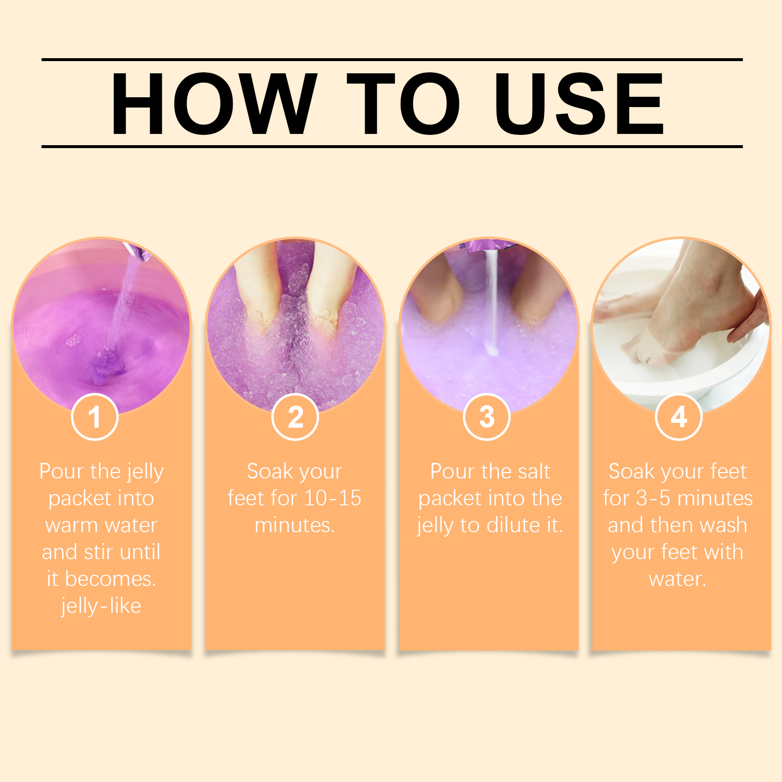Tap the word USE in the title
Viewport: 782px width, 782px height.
(579, 104)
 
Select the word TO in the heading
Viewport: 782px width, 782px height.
(403, 104)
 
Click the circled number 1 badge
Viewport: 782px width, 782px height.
(95, 417)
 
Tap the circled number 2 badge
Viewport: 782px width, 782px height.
(295, 417)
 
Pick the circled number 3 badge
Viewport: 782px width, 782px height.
(487, 417)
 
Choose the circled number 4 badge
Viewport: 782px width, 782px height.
(679, 417)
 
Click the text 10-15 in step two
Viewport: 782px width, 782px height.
(332, 498)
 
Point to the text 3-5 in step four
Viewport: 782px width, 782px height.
(653, 498)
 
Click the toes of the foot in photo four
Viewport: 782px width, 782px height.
(640, 349)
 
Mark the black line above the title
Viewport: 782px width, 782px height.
(392, 60)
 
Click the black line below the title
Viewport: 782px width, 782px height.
(392, 146)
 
